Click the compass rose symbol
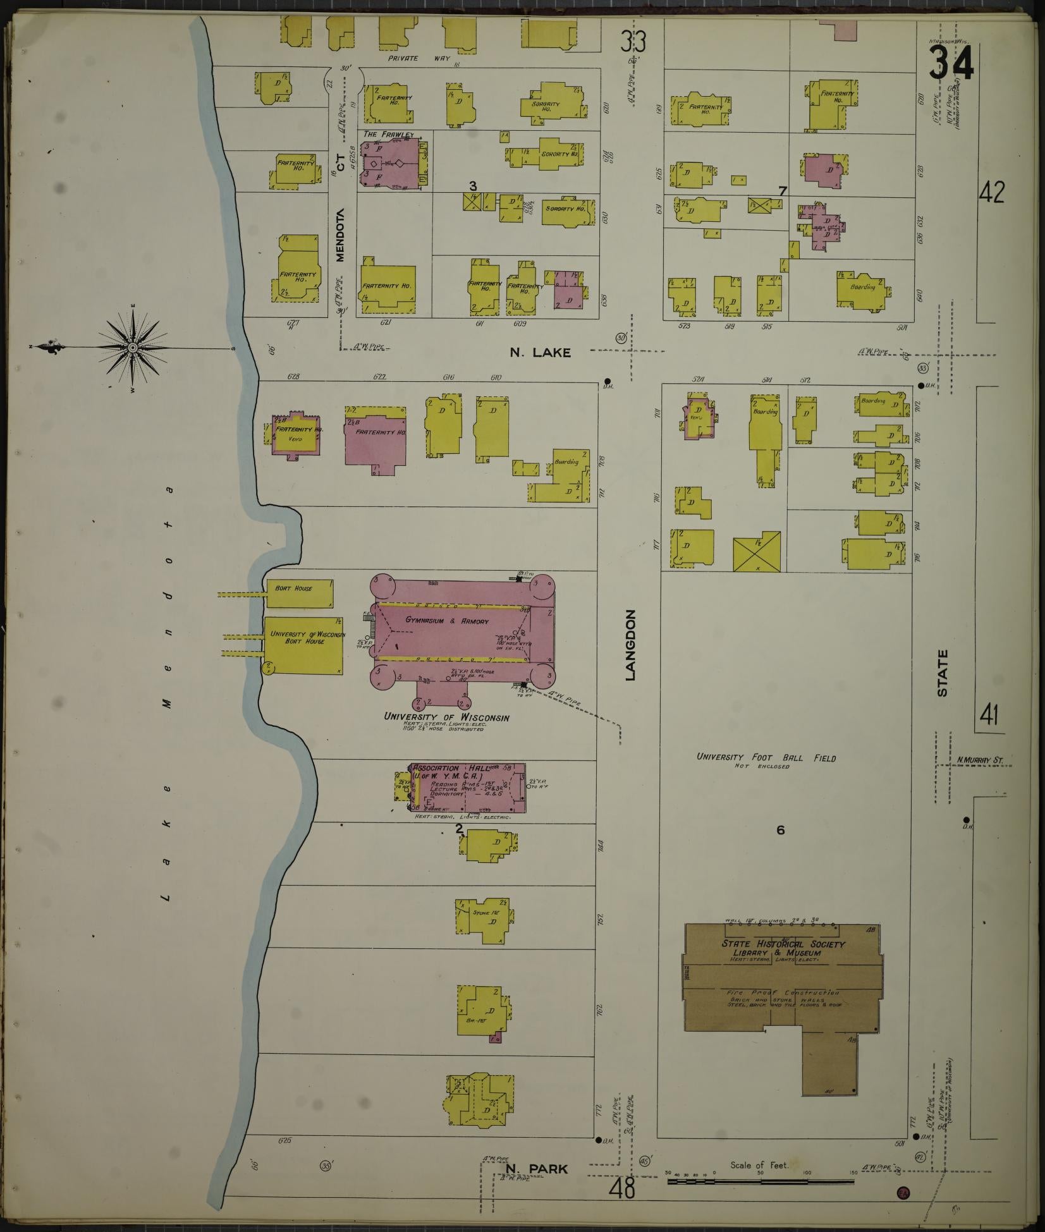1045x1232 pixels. pos(133,347)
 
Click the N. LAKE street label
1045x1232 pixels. pos(540,353)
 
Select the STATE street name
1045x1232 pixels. pos(943,673)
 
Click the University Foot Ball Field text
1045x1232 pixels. pos(766,757)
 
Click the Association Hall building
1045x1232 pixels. pos(468,789)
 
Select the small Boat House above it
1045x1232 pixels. pos(300,593)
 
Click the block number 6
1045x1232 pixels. pos(780,830)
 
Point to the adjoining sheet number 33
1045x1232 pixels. pos(632,41)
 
